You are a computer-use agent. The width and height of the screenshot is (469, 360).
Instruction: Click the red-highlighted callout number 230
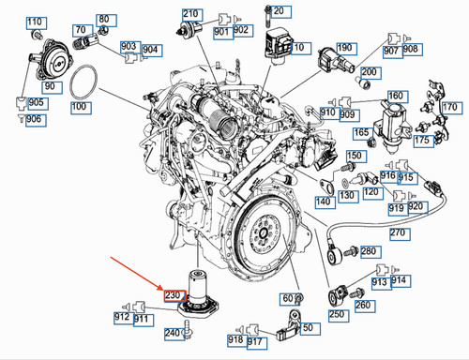pos(175,295)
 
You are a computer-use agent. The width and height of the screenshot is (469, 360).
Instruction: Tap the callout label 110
pos(37,22)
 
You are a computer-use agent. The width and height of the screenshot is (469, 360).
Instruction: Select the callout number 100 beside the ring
pos(81,108)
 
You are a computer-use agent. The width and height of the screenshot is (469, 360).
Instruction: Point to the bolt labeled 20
pos(268,16)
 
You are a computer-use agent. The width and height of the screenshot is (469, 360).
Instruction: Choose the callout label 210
pos(192,15)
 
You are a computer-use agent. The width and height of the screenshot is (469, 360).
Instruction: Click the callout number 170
pos(452,108)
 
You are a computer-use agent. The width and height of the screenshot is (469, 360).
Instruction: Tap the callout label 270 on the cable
pos(400,233)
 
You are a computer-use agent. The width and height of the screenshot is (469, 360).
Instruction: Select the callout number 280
pos(371,252)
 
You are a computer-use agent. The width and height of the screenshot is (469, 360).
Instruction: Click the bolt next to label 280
pos(352,251)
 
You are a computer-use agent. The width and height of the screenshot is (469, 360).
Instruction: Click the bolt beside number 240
pos(188,328)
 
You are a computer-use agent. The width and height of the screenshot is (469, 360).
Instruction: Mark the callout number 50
pos(310,329)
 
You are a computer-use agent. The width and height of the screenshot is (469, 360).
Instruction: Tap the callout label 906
pos(37,120)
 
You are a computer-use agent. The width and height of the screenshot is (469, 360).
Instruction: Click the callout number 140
pos(325,202)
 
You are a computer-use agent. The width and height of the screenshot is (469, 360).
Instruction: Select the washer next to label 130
pos(344,182)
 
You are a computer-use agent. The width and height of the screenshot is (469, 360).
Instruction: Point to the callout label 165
pos(363,133)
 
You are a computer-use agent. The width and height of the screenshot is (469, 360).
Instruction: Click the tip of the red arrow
pos(163,290)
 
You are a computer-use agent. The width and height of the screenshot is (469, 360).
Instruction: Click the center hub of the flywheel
pos(263,232)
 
